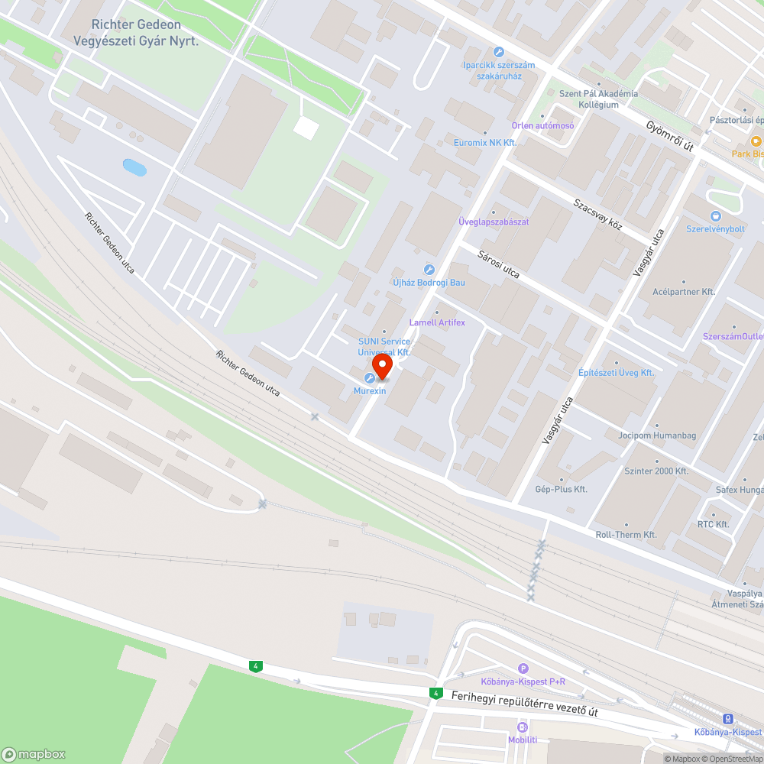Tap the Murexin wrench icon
pyautogui.click(x=370, y=378)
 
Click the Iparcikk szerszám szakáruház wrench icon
pyautogui.click(x=499, y=52)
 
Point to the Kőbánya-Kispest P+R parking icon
pyautogui.click(x=523, y=668)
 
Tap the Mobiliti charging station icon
pyautogui.click(x=523, y=727)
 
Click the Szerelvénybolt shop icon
pyautogui.click(x=715, y=216)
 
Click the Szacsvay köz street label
pyautogui.click(x=598, y=215)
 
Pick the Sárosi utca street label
pyautogui.click(x=499, y=263)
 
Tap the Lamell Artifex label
pyautogui.click(x=437, y=322)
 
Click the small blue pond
pyautogui.click(x=134, y=167)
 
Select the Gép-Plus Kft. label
pyautogui.click(x=562, y=489)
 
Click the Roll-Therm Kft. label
pyautogui.click(x=626, y=535)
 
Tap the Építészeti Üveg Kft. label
pyautogui.click(x=616, y=373)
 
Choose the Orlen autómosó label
pyautogui.click(x=542, y=125)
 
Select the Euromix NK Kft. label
pyautogui.click(x=485, y=143)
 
